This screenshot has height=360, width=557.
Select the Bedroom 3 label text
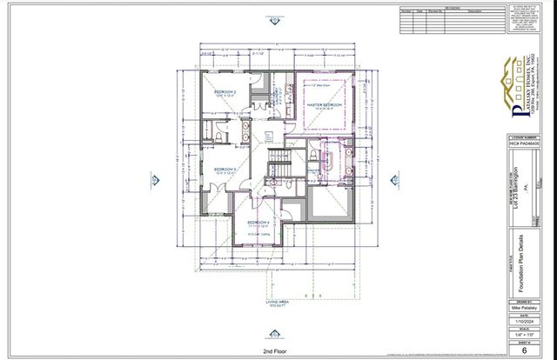tap(225, 170)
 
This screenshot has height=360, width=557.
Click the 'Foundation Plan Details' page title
tap(520, 252)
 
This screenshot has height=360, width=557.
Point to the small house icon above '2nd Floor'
tap(275, 339)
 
